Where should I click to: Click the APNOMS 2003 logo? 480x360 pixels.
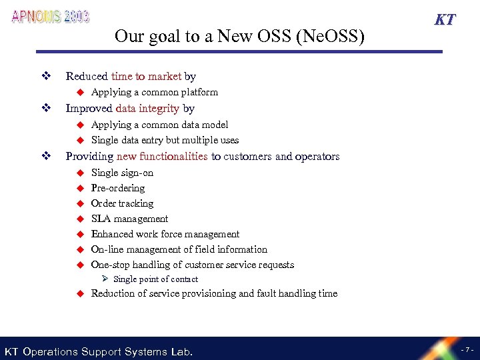point(50,17)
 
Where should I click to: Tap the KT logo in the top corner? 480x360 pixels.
point(445,19)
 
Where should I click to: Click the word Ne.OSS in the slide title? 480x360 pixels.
point(331,36)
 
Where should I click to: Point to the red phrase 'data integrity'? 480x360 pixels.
point(147,108)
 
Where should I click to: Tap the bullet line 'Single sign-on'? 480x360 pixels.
point(122,173)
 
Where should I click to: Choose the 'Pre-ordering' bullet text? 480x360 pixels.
point(118,188)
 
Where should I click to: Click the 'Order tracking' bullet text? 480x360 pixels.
point(122,203)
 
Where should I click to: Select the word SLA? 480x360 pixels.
point(101,219)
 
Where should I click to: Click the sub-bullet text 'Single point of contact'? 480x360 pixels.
point(155,279)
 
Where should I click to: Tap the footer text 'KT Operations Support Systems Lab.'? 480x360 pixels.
point(99,351)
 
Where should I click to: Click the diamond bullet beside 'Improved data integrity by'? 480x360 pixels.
point(46,108)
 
